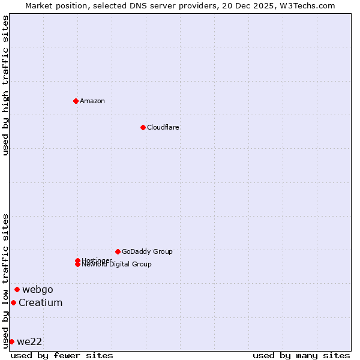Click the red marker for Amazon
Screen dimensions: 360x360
(x=76, y=101)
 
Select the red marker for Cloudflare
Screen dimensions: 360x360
(x=143, y=127)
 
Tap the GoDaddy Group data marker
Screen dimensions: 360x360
(x=118, y=251)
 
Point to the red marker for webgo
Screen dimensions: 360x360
(x=17, y=289)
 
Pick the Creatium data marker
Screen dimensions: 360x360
(x=13, y=302)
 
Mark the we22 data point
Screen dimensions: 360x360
(x=11, y=341)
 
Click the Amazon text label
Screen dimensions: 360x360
(x=92, y=101)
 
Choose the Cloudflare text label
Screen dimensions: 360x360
(x=163, y=127)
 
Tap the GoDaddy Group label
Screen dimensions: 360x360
(x=146, y=251)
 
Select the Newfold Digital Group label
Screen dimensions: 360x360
(x=116, y=265)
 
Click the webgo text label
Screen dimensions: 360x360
(x=38, y=289)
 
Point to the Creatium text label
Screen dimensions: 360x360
(x=40, y=302)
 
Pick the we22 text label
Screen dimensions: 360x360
(x=29, y=341)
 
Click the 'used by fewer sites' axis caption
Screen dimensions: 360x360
(x=62, y=355)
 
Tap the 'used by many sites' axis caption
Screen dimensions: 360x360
(x=301, y=355)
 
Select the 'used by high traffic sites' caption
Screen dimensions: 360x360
(x=5, y=85)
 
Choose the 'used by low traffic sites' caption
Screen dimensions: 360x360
(x=5, y=281)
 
